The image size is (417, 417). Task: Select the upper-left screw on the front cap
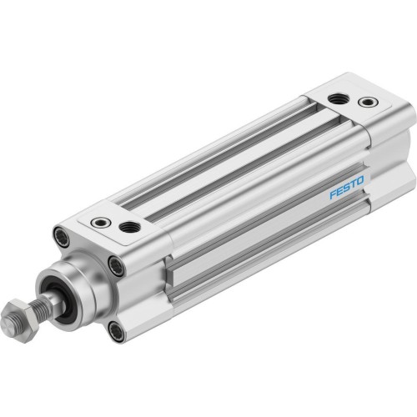[60, 234]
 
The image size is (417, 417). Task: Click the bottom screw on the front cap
[116, 332]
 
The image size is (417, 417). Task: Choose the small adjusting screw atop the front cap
[101, 223]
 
